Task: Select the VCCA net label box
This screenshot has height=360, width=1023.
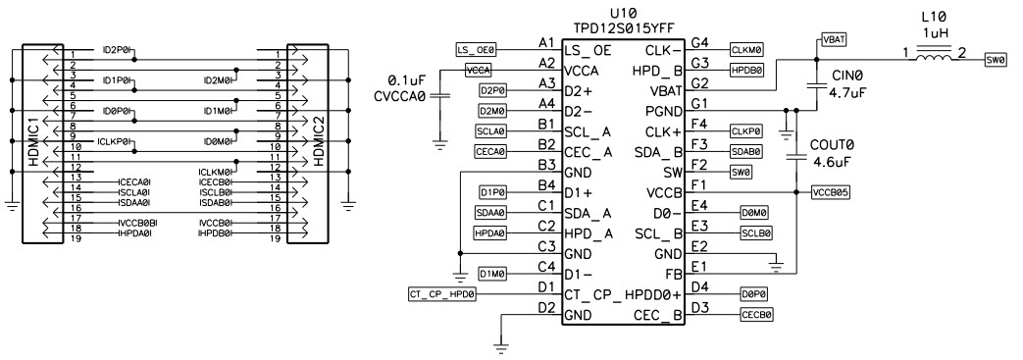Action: (478, 70)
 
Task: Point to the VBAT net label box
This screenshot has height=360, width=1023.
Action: (833, 39)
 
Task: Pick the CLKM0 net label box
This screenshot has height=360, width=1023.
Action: (748, 47)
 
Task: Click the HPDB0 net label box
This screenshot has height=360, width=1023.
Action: (748, 70)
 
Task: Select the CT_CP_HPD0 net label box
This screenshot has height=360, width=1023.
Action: (441, 294)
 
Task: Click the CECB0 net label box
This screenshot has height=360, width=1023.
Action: (756, 315)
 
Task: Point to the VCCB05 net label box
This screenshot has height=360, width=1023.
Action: (830, 192)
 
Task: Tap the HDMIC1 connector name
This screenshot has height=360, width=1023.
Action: (32, 143)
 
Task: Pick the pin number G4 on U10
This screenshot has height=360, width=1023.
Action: (699, 41)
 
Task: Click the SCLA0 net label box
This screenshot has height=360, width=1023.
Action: (490, 129)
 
